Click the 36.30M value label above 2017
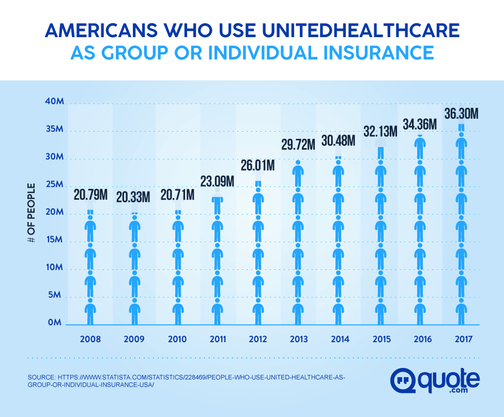(461, 113)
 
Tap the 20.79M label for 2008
(91, 197)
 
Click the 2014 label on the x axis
(339, 340)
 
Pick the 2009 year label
(134, 340)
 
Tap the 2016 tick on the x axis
(421, 340)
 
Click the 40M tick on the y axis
(54, 102)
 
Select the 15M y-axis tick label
(54, 240)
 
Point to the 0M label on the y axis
(56, 323)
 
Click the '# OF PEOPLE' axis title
(32, 213)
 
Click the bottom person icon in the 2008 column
(90, 311)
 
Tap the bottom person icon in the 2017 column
(461, 311)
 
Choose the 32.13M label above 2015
(380, 131)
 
